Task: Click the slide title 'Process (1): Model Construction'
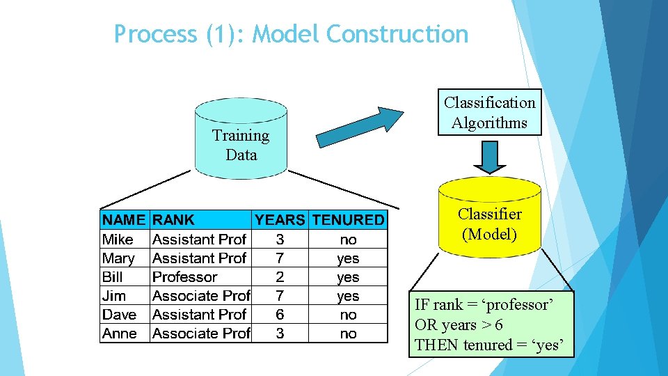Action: coord(291,33)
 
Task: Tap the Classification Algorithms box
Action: coord(490,113)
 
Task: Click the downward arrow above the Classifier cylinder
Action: coord(491,157)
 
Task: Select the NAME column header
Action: coord(125,220)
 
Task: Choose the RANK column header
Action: coord(174,220)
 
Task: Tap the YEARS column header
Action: coord(280,220)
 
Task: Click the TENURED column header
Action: coord(348,220)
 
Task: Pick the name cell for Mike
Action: coord(118,240)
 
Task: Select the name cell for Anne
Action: coord(120,334)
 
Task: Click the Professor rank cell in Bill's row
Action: coord(185,277)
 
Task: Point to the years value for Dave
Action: coord(280,315)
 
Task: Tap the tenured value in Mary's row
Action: coord(348,258)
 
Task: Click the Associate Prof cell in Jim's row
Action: coord(201,296)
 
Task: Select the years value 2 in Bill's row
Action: coord(280,277)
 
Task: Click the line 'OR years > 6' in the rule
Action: coord(459,324)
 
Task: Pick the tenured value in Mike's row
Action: coord(348,240)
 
